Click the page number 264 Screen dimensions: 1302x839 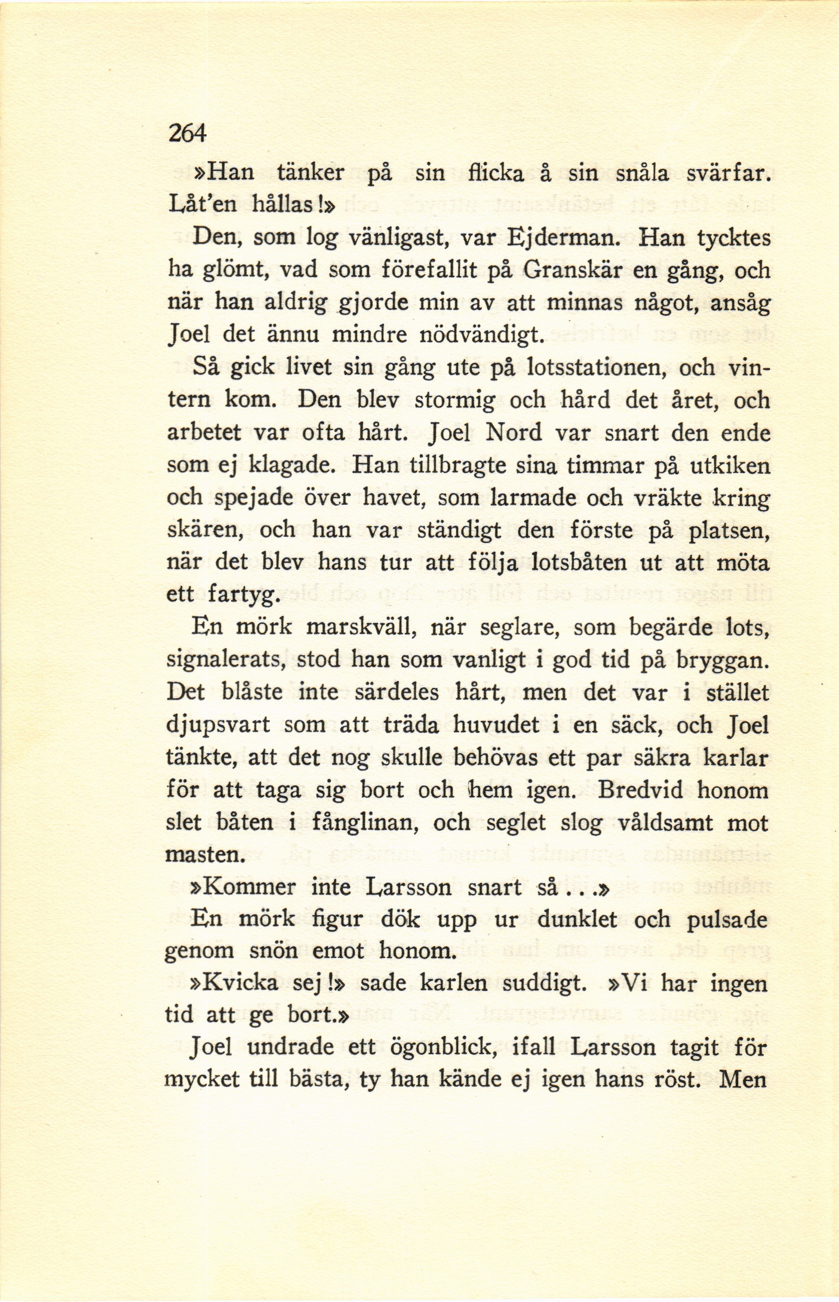[187, 132]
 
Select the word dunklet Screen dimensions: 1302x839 [577, 919]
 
